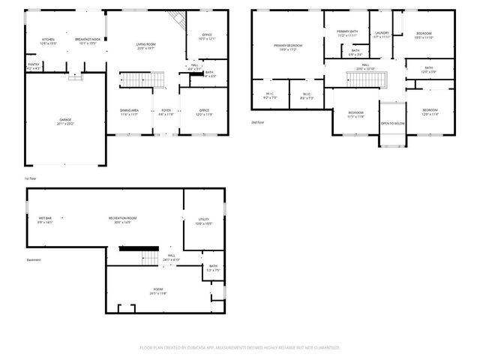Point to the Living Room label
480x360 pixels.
pyautogui.click(x=145, y=45)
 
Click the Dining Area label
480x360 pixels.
pyautogui.click(x=130, y=112)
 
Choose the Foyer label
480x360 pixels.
pyautogui.click(x=166, y=112)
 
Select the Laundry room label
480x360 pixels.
pyautogui.click(x=382, y=34)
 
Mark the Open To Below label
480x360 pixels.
pyautogui.click(x=393, y=123)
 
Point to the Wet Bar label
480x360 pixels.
pyautogui.click(x=46, y=220)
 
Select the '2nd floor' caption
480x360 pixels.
pyautogui.click(x=259, y=121)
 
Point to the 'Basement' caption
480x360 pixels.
pyautogui.click(x=34, y=260)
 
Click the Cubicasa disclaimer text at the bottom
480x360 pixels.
pyautogui.click(x=240, y=347)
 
